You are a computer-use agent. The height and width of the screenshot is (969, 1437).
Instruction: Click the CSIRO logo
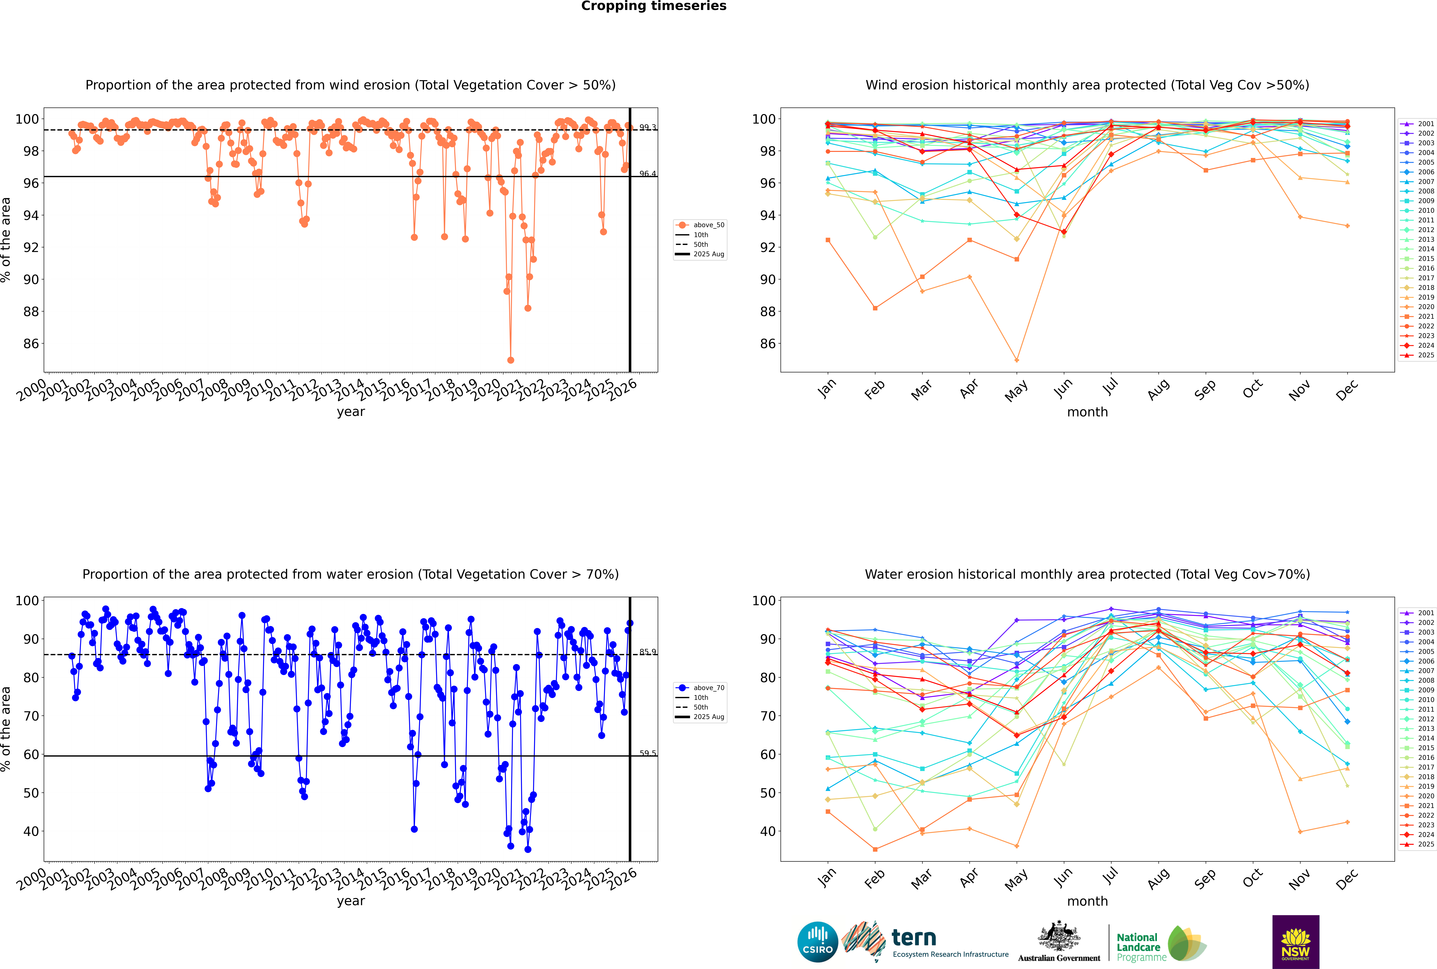click(817, 942)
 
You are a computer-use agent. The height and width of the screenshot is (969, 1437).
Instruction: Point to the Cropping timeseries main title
click(654, 6)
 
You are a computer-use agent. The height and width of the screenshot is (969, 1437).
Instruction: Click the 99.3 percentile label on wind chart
click(647, 127)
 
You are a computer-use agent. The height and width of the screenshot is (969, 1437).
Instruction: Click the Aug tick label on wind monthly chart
click(1158, 389)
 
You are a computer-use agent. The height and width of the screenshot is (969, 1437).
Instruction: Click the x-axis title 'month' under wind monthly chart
click(1087, 412)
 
